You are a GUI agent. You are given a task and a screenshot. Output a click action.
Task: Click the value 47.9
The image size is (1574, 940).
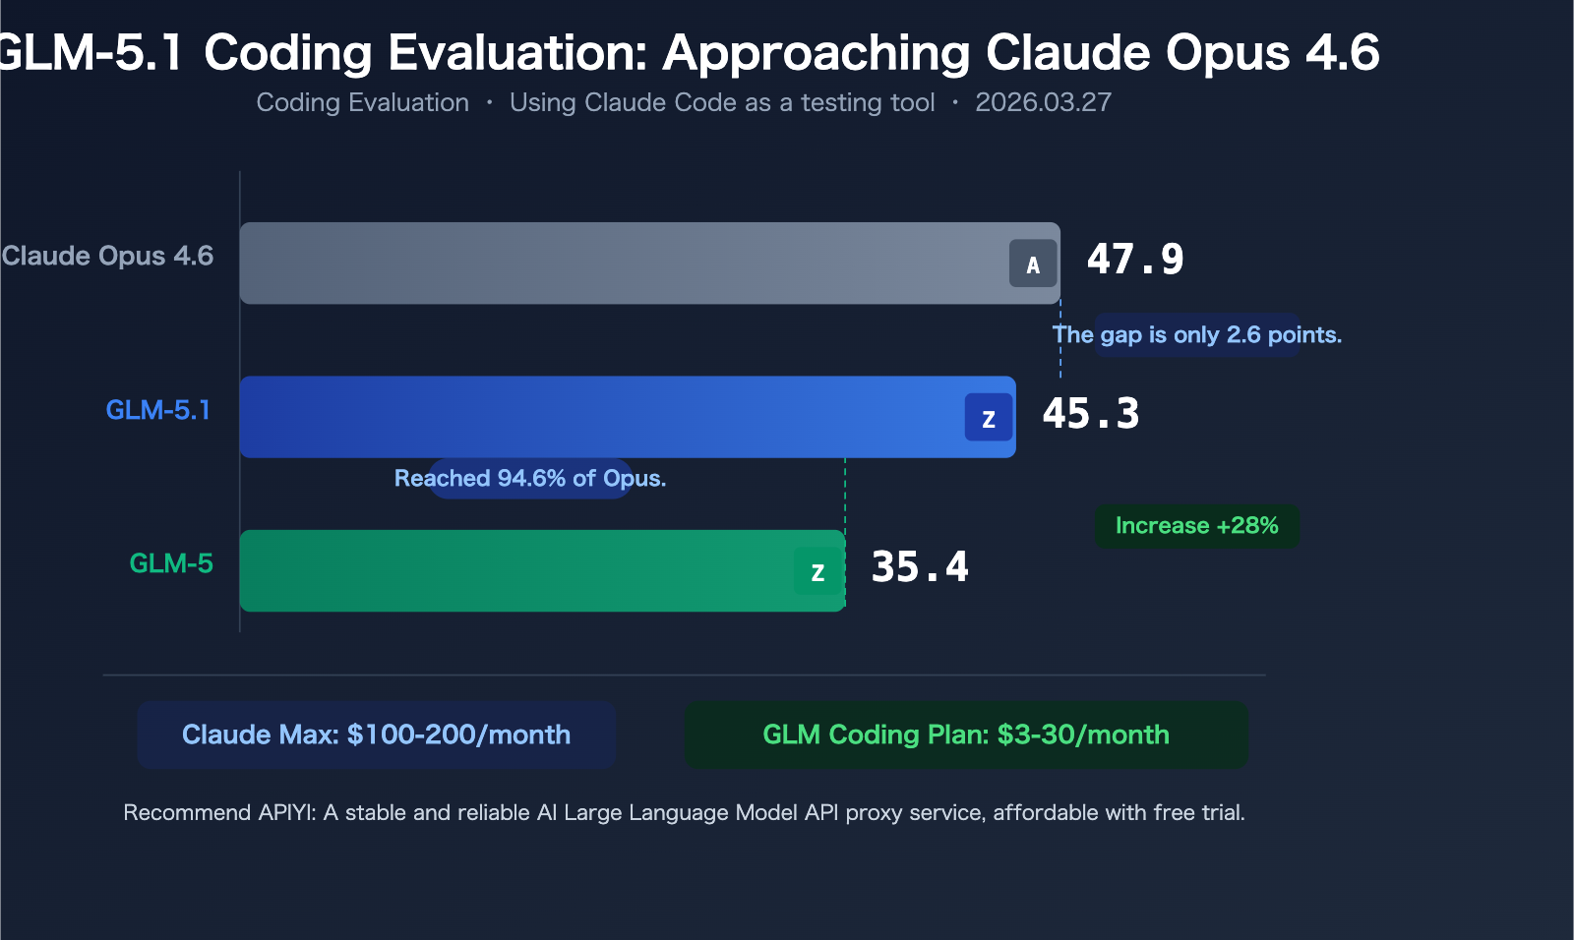tap(1134, 260)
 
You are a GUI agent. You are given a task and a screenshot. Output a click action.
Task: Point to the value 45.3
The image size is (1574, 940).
tap(1090, 414)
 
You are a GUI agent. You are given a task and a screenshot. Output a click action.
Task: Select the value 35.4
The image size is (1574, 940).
tap(919, 567)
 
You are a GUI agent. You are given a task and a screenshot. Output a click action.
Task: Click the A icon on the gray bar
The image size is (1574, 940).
tap(1033, 264)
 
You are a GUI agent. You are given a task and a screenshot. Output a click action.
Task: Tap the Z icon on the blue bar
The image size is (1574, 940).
tap(989, 418)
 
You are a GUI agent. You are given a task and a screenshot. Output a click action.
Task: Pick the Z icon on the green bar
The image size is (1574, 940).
tap(817, 571)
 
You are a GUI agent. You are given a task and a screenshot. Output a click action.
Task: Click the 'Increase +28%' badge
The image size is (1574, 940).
tap(1196, 526)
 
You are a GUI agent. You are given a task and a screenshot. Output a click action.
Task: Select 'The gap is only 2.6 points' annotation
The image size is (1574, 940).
tap(1196, 335)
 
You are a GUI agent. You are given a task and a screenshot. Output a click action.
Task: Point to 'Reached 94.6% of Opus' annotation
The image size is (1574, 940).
tap(530, 479)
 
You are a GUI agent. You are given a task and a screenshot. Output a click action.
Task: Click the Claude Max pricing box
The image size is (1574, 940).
tap(376, 734)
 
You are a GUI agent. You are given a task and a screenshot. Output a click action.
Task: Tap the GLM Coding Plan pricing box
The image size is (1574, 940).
tap(966, 734)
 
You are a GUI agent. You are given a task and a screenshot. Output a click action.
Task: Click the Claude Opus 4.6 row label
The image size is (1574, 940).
tap(107, 256)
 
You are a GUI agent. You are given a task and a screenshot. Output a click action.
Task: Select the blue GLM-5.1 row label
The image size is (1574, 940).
tap(158, 410)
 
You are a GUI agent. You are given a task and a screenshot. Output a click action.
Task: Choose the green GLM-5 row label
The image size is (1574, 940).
tap(171, 563)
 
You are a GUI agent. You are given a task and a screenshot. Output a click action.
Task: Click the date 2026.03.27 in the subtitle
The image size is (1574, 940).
tap(1043, 102)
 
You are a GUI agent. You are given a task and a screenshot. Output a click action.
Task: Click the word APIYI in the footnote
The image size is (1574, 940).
tap(285, 813)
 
